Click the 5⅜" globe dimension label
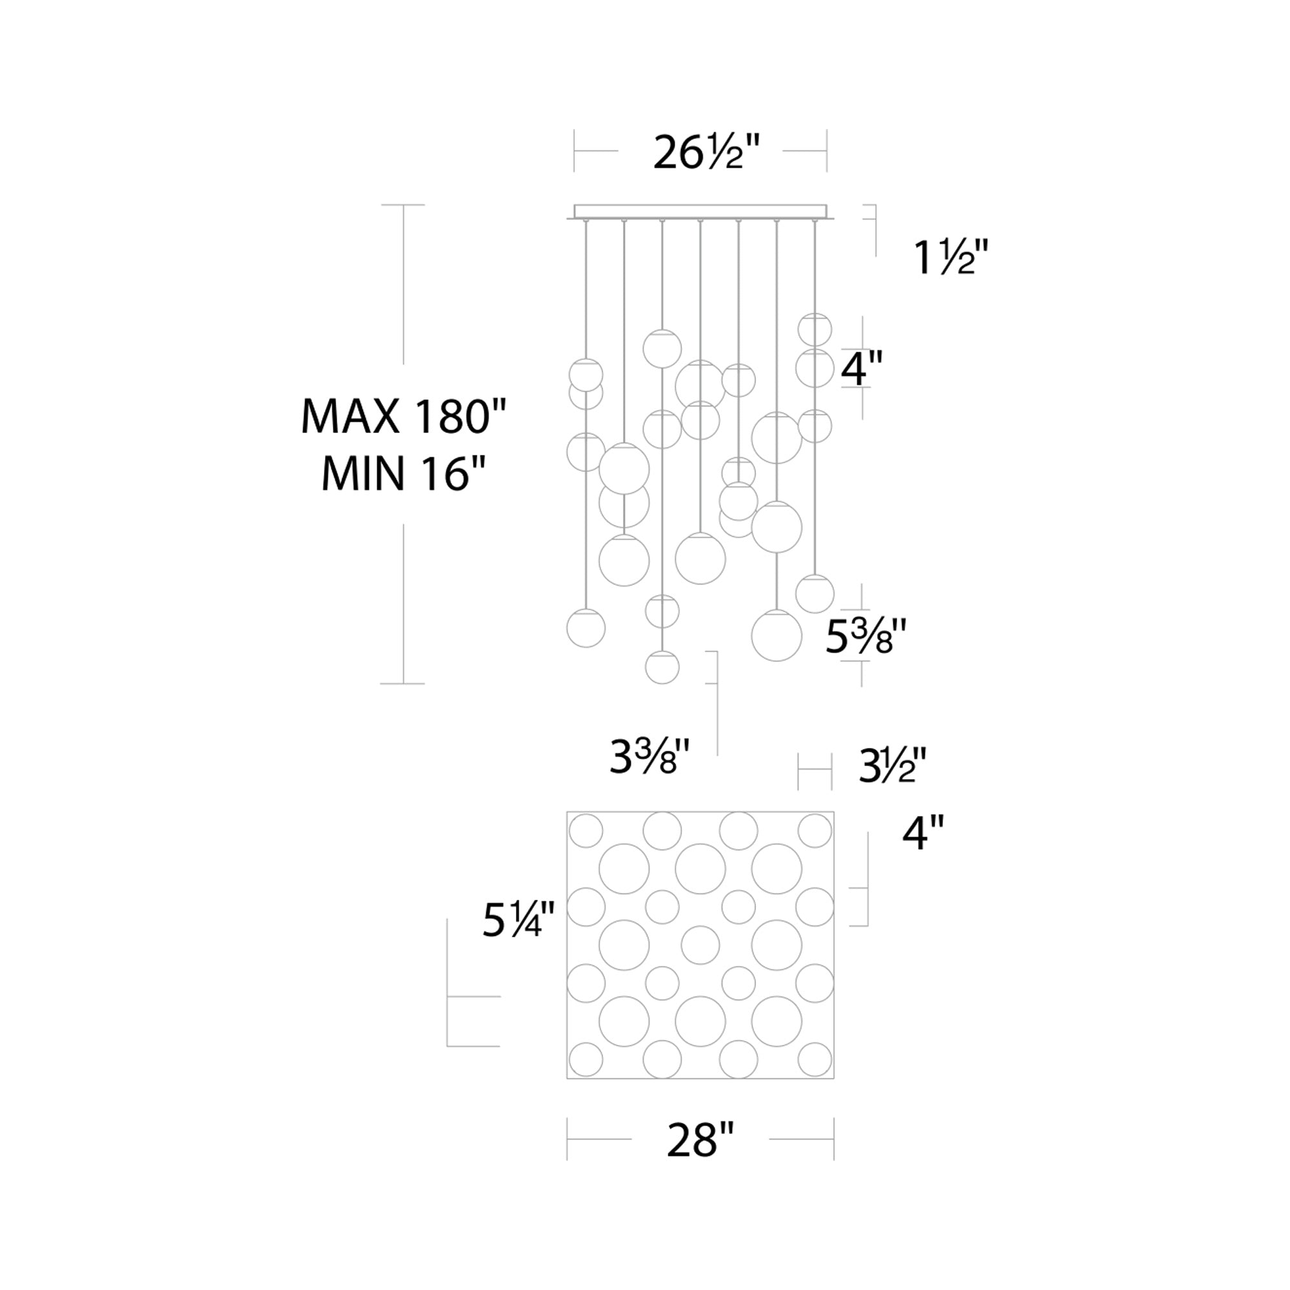pyautogui.click(x=866, y=638)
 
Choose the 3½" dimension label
pyautogui.click(x=893, y=766)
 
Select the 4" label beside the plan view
pyautogui.click(x=924, y=834)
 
